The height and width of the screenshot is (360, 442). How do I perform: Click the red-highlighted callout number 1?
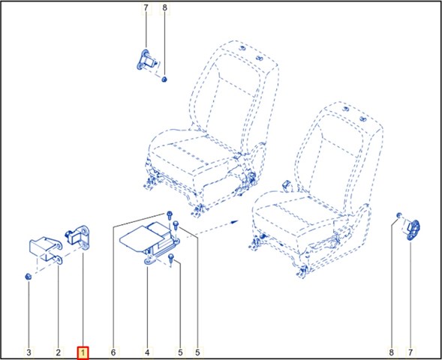click(83, 352)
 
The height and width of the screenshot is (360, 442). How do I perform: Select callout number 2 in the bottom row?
click(58, 352)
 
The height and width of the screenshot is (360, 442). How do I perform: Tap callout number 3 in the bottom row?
click(29, 352)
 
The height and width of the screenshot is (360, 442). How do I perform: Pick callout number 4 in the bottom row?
click(147, 352)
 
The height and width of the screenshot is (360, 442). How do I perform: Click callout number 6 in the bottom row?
click(113, 352)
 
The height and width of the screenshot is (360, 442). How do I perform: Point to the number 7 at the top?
click(146, 8)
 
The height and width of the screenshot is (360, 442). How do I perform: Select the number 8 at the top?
click(164, 8)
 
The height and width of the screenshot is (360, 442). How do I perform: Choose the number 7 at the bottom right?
click(410, 352)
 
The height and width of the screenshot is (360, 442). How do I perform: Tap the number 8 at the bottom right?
click(391, 352)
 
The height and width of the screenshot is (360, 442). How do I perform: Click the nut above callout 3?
click(29, 277)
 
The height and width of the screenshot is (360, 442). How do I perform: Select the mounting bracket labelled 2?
click(46, 250)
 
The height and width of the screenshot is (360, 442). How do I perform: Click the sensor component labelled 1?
click(77, 236)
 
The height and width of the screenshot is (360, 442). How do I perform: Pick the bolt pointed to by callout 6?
click(169, 215)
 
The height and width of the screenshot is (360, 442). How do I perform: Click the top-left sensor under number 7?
click(146, 60)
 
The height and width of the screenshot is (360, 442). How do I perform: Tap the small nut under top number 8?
click(164, 79)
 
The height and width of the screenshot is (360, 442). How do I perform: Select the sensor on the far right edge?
click(413, 229)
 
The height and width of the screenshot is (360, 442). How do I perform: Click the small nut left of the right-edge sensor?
click(399, 215)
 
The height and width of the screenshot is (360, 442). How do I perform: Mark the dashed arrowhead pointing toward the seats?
click(234, 222)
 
